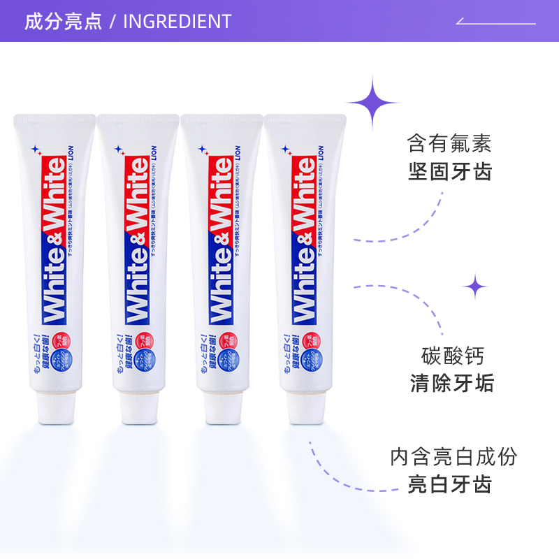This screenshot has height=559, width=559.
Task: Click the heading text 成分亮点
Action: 63,21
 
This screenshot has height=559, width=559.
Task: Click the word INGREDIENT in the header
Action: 177,21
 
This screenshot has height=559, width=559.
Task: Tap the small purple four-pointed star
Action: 476,286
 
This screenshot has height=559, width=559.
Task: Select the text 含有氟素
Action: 449,143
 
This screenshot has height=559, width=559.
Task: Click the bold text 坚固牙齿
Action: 449,171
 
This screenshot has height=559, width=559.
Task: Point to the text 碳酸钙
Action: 452,355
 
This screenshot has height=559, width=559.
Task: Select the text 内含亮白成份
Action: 453,457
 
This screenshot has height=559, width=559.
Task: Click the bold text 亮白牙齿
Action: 450,484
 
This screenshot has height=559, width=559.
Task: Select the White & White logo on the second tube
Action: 137,241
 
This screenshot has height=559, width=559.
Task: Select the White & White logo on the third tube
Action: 221,241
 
